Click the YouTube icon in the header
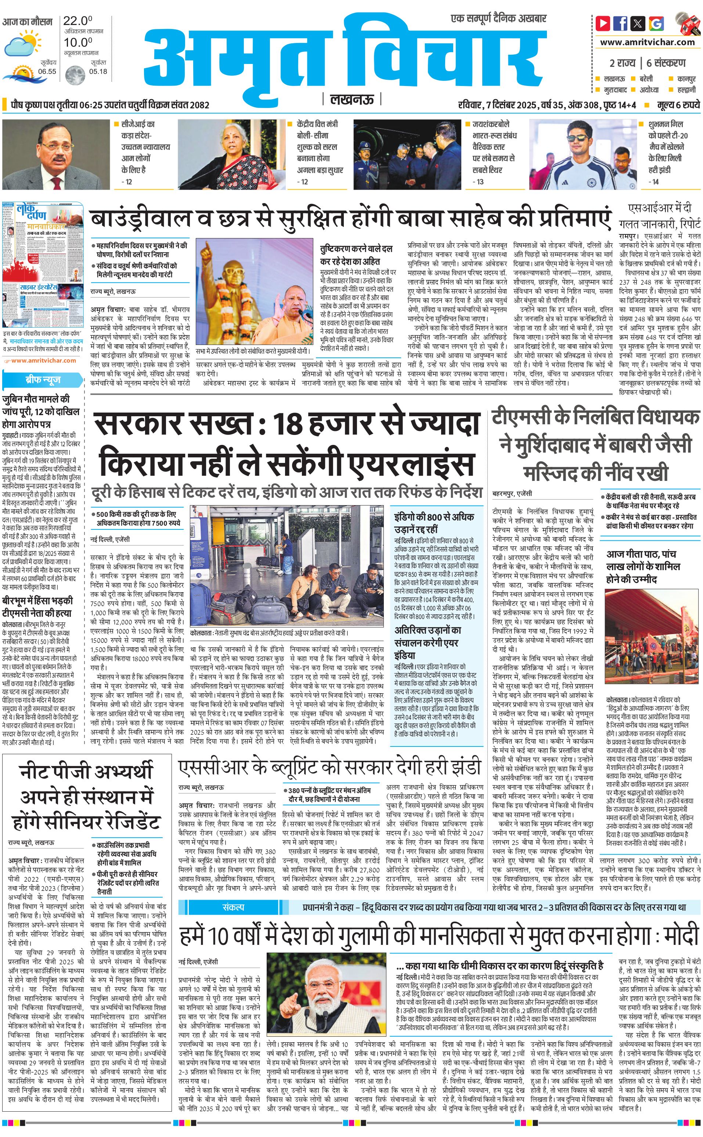[x=603, y=23]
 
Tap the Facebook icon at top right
[x=620, y=23]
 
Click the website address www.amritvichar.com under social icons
[x=647, y=42]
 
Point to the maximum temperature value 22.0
[x=77, y=21]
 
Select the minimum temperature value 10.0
[x=77, y=43]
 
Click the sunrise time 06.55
[x=47, y=72]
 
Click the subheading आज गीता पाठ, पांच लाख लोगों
[x=643, y=566]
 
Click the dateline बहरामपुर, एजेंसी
[x=512, y=493]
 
